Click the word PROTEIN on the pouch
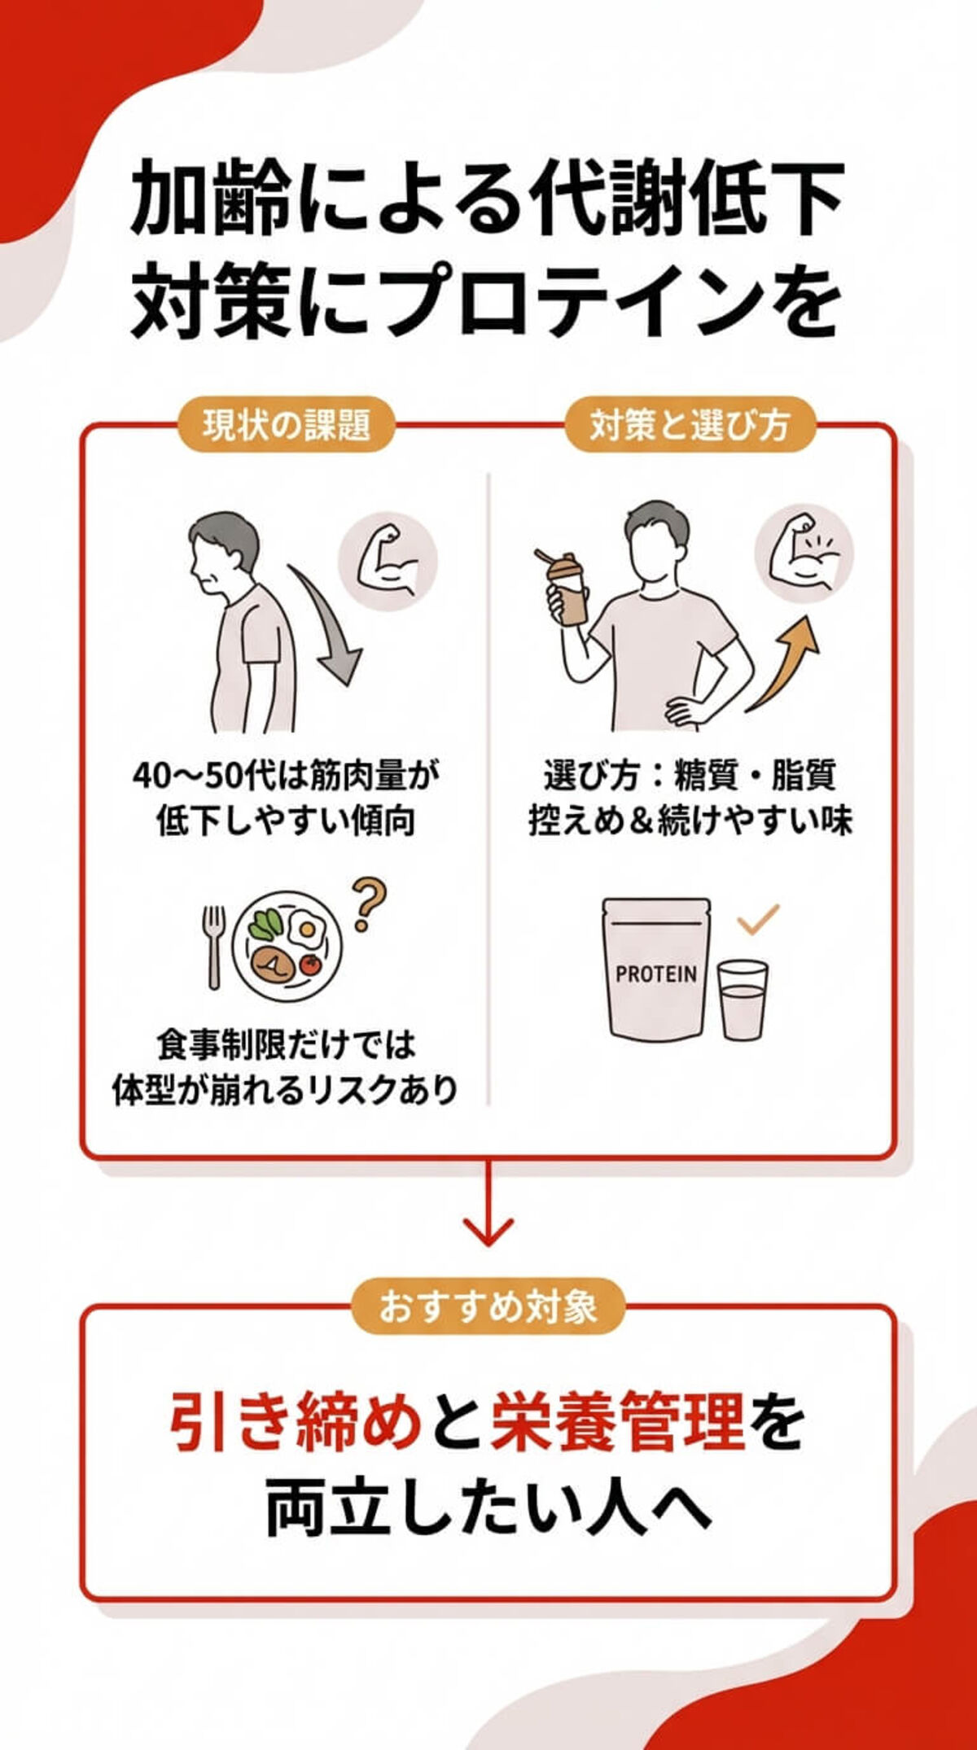(x=656, y=974)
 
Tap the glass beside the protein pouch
(x=742, y=1000)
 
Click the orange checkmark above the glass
(x=758, y=917)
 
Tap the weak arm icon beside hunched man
(x=388, y=562)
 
